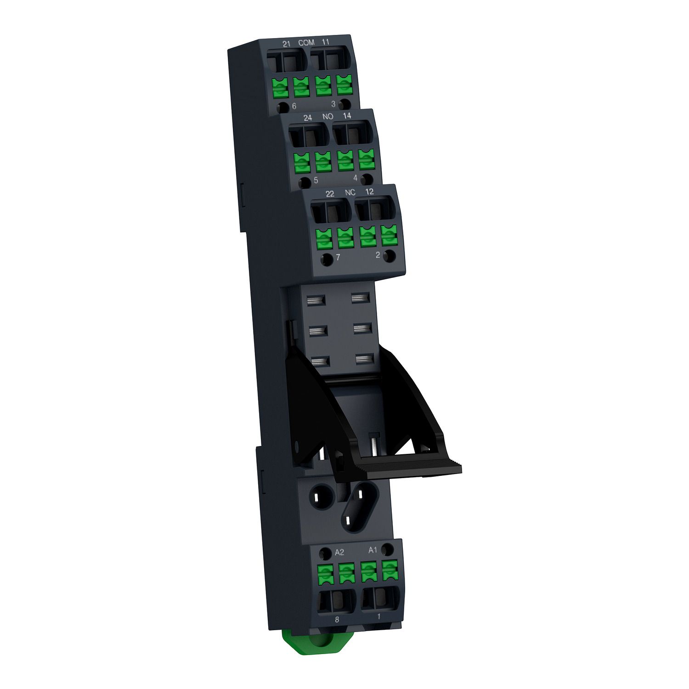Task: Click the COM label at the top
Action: [x=306, y=43]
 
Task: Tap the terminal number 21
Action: [x=287, y=44]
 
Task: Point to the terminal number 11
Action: [x=326, y=42]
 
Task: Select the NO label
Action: [x=328, y=117]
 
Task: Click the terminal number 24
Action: [x=308, y=118]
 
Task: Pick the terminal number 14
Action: [x=347, y=116]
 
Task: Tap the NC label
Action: [x=350, y=192]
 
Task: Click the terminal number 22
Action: [x=330, y=194]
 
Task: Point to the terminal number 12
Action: [x=369, y=192]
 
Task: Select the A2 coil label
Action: [x=339, y=553]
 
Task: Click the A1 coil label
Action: [x=373, y=550]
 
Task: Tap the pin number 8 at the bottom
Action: [x=337, y=620]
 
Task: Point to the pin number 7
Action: [x=338, y=258]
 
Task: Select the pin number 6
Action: [x=294, y=107]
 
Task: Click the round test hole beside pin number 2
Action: [x=390, y=256]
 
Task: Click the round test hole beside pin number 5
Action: [x=304, y=182]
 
